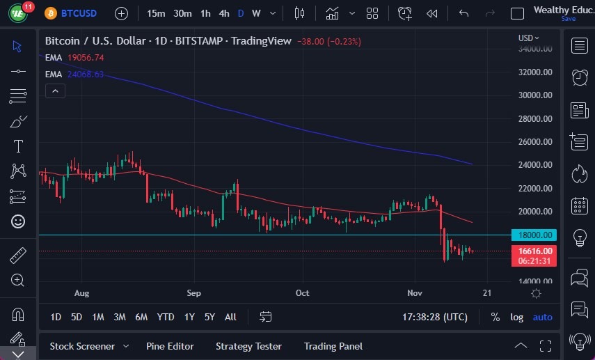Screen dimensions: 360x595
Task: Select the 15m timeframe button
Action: tap(157, 13)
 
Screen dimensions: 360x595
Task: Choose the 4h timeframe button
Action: tap(223, 13)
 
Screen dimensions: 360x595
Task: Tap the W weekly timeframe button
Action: tap(256, 13)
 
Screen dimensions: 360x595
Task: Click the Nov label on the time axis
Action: tap(414, 293)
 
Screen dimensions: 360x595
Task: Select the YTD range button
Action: tap(166, 317)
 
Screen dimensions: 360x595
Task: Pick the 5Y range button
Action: tap(209, 317)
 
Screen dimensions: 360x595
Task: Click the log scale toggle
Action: tap(516, 317)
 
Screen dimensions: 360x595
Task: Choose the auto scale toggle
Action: tap(542, 317)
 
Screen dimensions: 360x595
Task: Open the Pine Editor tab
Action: tap(170, 346)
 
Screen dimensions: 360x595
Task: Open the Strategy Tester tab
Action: tap(248, 346)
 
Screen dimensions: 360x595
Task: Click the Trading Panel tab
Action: tap(333, 346)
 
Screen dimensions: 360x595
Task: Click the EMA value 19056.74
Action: tap(86, 58)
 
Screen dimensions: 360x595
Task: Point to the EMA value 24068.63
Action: tap(86, 74)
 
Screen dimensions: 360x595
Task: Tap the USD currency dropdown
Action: tap(528, 38)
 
